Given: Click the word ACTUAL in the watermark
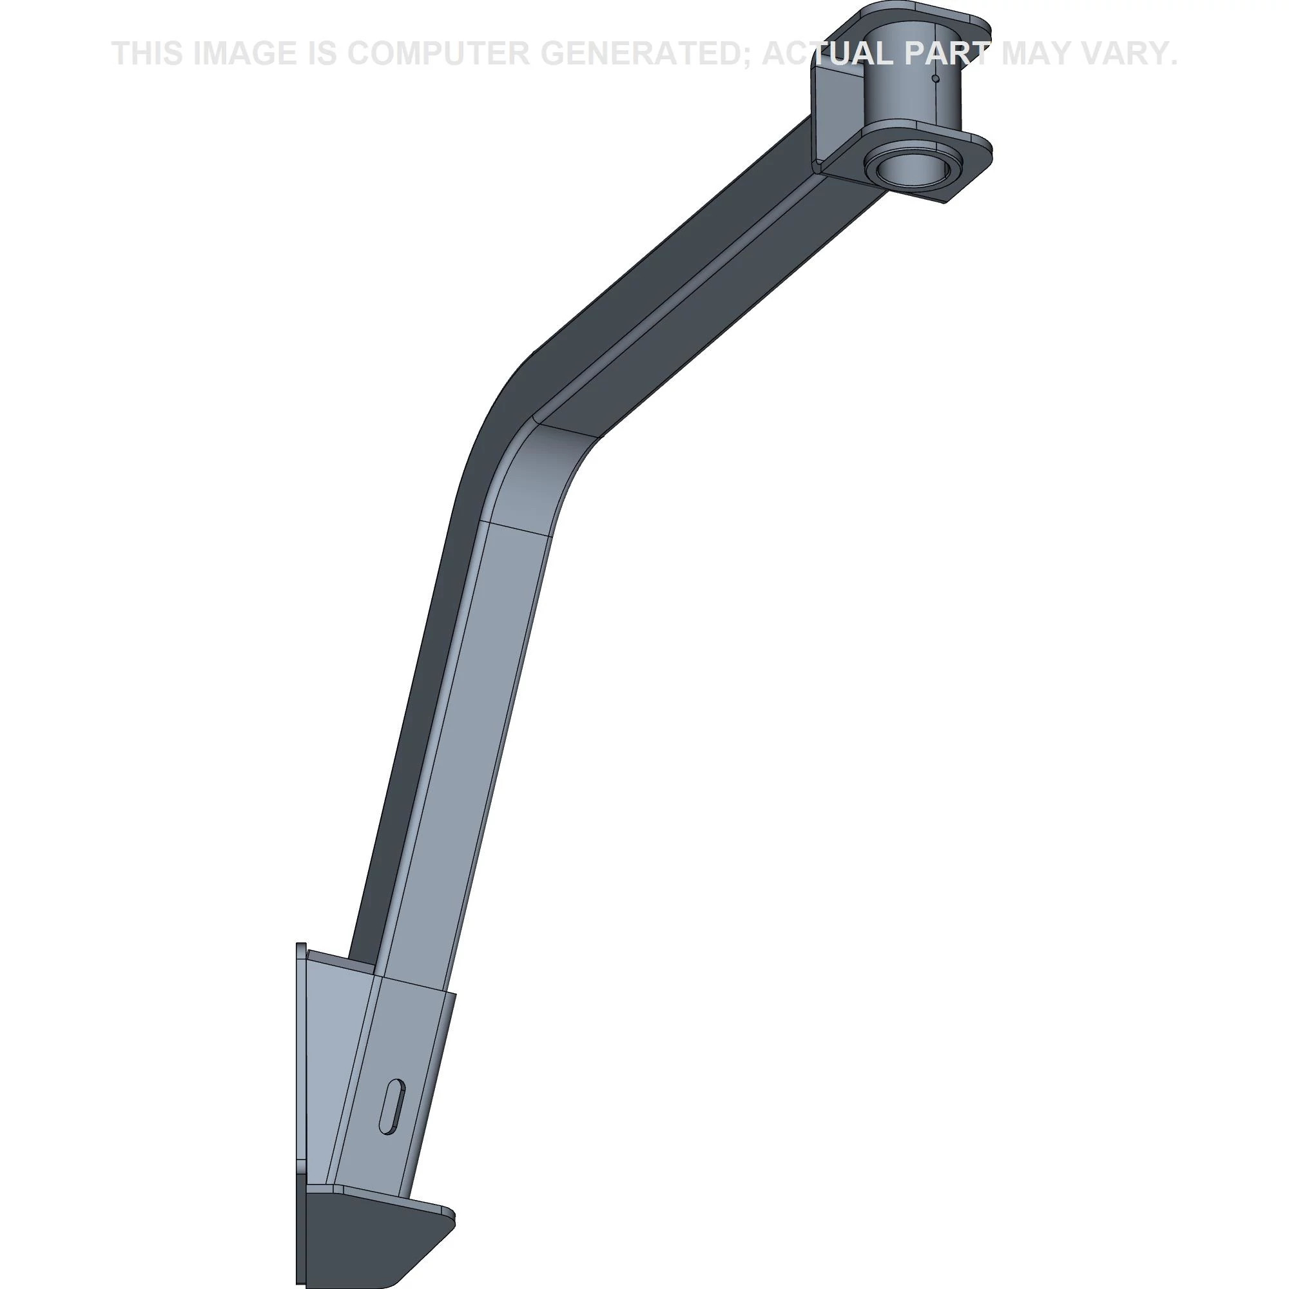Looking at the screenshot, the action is click(x=828, y=54).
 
